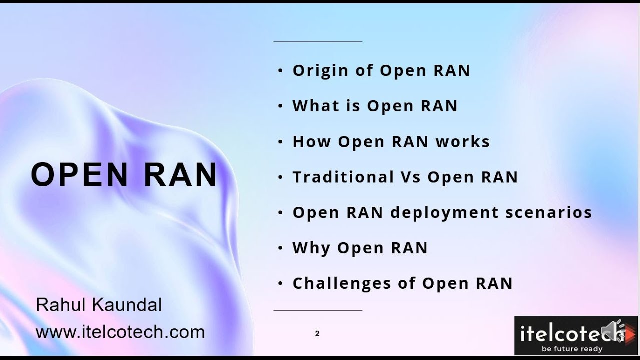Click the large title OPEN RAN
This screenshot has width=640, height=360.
click(x=124, y=175)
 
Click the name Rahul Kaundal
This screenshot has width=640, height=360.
click(x=99, y=305)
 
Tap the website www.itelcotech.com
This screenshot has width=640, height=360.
click(x=120, y=332)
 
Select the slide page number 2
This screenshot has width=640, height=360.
click(x=317, y=334)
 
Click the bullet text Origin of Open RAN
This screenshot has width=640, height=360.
click(x=381, y=71)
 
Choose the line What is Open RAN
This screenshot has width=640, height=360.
click(x=375, y=106)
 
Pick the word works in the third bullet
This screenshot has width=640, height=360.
click(x=463, y=142)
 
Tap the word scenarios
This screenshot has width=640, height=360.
click(x=549, y=212)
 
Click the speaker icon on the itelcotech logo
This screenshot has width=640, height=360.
click(x=614, y=331)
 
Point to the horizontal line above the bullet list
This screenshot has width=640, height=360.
click(x=318, y=42)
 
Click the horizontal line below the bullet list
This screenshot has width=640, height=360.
click(x=318, y=310)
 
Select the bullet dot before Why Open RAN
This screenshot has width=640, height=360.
click(x=280, y=248)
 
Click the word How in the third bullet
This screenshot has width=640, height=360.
click(x=311, y=142)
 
